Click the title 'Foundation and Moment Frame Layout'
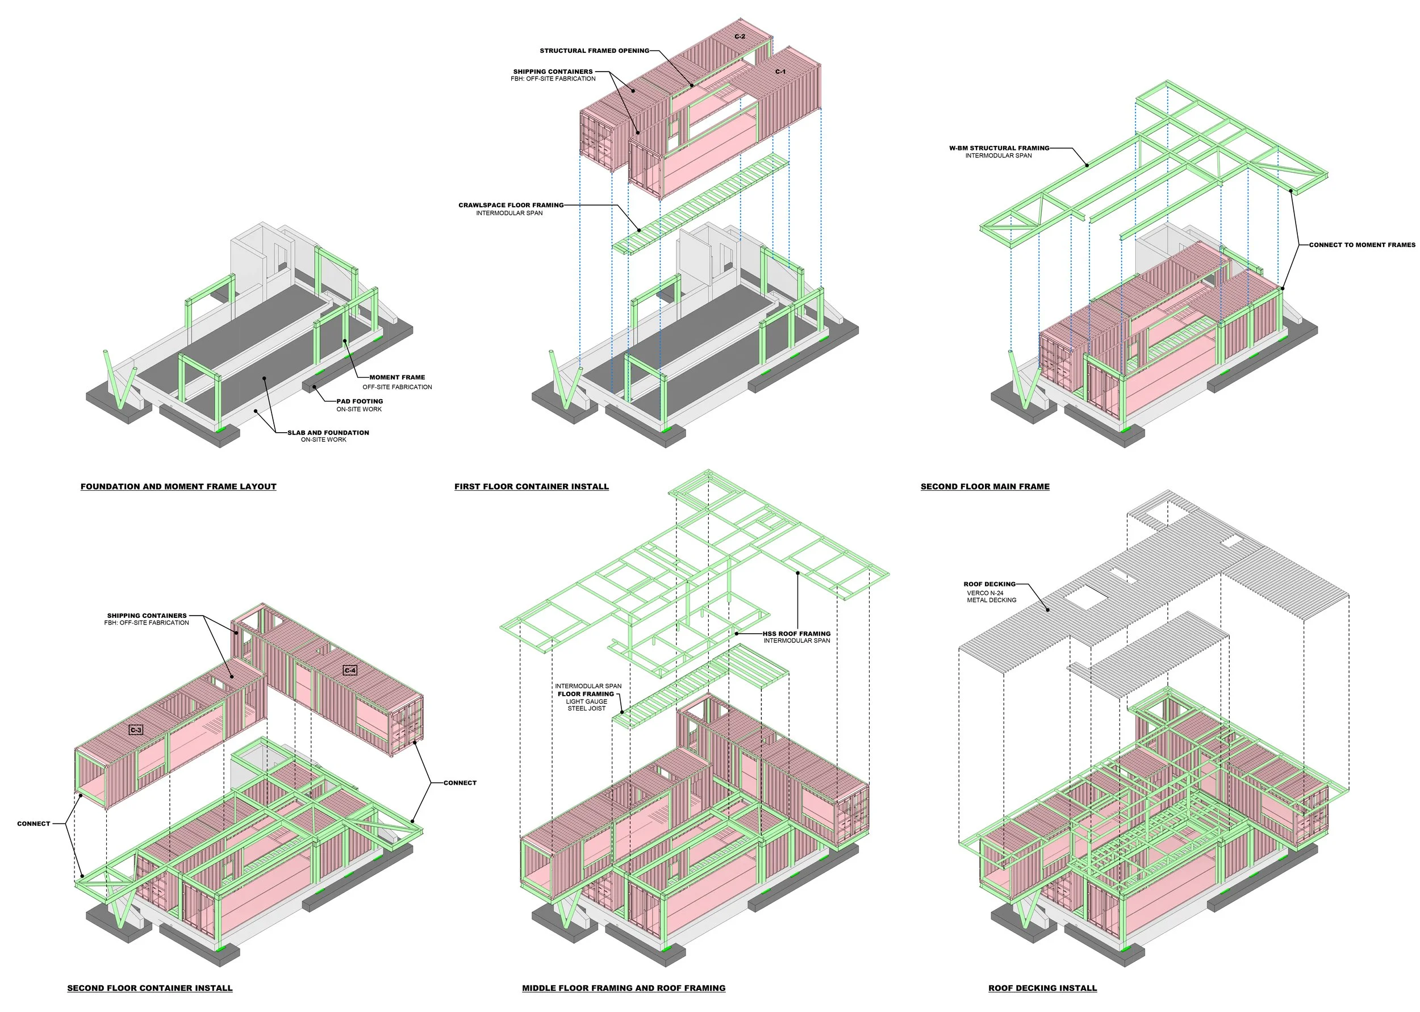[x=178, y=487]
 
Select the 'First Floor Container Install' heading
[x=532, y=487]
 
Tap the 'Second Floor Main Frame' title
[x=985, y=487]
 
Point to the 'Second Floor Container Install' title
[x=149, y=988]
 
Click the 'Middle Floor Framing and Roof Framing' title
[x=624, y=988]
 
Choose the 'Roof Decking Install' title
[x=1042, y=988]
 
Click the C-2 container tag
[x=740, y=37]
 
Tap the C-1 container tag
[x=780, y=72]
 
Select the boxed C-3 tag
[x=136, y=730]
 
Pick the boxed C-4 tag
[x=350, y=671]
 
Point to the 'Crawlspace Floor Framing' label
[x=511, y=205]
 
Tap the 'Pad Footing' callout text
[x=360, y=402]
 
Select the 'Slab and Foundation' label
[x=328, y=433]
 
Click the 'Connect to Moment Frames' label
[x=1362, y=245]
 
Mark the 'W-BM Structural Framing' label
[x=999, y=148]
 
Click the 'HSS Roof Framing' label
[x=796, y=634]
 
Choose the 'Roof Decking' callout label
[x=989, y=584]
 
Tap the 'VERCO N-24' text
[x=985, y=593]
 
